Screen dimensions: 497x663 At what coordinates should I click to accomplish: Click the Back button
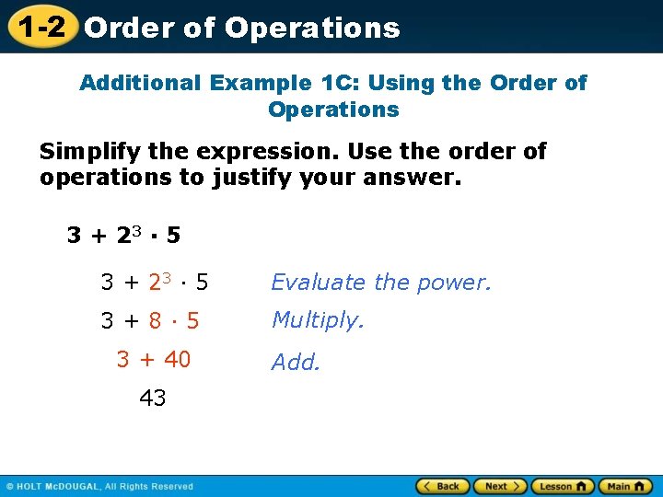[x=443, y=486]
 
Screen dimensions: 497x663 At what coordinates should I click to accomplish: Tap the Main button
[x=624, y=486]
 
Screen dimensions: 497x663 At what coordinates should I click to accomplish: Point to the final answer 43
[x=153, y=399]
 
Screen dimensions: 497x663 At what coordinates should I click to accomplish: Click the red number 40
[x=177, y=360]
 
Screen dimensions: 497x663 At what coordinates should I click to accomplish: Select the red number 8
[x=157, y=321]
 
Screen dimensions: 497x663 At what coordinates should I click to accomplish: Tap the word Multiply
[x=318, y=320]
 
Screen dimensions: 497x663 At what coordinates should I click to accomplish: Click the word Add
[x=296, y=363]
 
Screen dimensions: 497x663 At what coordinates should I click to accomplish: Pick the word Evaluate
[x=318, y=283]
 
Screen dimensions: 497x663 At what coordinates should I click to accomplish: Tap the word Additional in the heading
[x=140, y=83]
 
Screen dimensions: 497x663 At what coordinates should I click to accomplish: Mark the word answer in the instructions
[x=413, y=177]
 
